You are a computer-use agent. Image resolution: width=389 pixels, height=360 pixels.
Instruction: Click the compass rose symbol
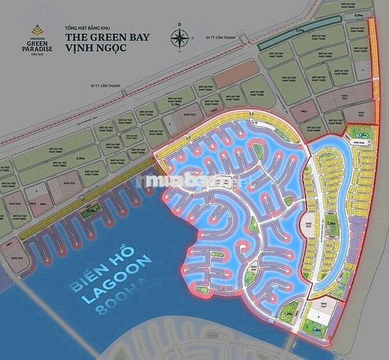tap(179, 38)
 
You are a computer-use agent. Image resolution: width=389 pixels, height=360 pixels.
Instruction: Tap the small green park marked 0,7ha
tap(91, 211)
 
